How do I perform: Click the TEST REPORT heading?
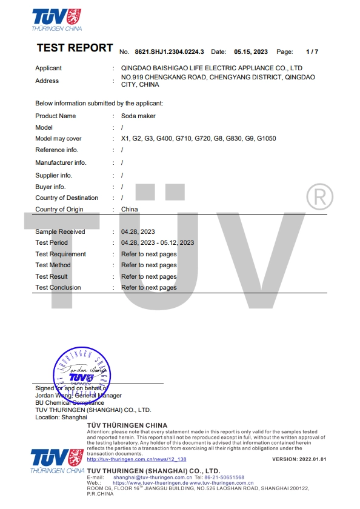coord(75,48)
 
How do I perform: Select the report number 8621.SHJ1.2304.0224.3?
coord(169,52)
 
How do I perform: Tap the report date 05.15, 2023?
coord(251,52)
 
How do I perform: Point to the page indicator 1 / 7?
coord(312,52)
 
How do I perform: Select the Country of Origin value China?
coord(130,209)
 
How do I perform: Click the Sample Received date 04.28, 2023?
coord(138,231)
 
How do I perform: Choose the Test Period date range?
coord(158,242)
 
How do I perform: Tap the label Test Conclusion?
coord(58,287)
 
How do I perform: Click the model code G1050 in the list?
coord(266,139)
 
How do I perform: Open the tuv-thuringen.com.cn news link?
coord(136,459)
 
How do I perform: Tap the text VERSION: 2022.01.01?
coord(299,459)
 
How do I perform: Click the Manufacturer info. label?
coord(61,162)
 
